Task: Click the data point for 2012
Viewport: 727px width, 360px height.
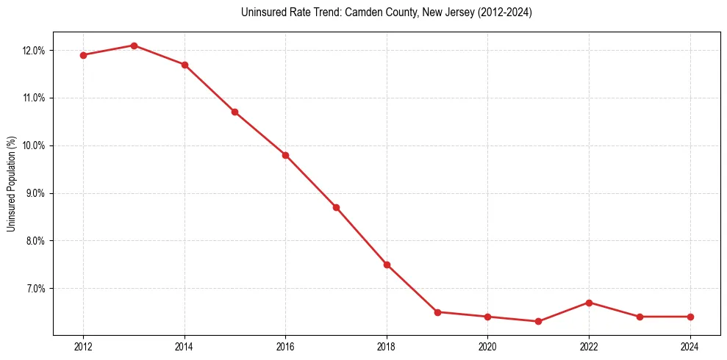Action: coord(83,55)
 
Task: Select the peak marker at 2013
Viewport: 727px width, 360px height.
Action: coord(134,46)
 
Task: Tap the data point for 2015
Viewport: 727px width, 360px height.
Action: coord(234,112)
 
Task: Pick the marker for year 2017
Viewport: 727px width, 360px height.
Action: coord(336,207)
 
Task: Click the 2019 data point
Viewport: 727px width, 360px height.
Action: coord(437,312)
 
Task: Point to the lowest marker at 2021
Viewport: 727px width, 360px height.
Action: coord(538,321)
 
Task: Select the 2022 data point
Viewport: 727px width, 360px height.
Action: coord(589,303)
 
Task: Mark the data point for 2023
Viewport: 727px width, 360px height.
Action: coord(640,317)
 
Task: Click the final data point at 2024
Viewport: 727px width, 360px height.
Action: coord(690,317)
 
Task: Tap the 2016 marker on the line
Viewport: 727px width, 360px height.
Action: coord(285,155)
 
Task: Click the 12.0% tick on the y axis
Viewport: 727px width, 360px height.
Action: coord(34,51)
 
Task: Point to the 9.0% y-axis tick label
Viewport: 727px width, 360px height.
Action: coord(35,193)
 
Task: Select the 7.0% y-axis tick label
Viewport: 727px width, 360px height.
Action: coord(35,289)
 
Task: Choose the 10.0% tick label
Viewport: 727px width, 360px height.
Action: coord(34,145)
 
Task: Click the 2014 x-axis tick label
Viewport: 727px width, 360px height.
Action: coord(185,347)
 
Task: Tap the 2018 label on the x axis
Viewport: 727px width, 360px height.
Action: coord(387,347)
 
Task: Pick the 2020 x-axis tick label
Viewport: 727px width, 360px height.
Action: coord(487,347)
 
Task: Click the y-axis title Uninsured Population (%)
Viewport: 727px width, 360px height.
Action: coord(11,184)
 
